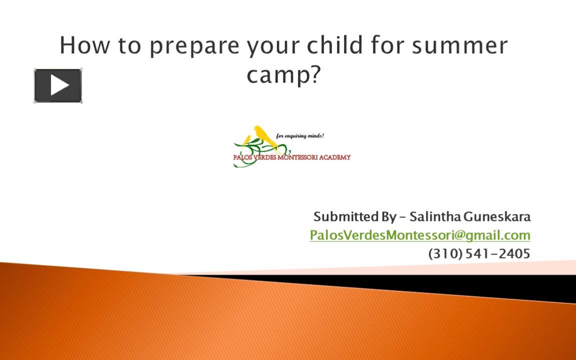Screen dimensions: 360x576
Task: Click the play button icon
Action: [x=58, y=86]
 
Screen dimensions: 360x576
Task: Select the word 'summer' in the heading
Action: [x=459, y=45]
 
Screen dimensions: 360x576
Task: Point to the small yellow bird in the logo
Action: [x=246, y=140]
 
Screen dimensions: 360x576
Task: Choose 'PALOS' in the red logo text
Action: [x=242, y=157]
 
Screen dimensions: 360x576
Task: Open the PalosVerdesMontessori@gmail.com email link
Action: [x=419, y=234]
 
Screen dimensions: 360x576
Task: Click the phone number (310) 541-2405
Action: [x=479, y=253]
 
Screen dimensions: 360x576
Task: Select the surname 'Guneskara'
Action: [x=497, y=216]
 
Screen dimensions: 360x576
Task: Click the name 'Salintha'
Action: [x=435, y=216]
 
